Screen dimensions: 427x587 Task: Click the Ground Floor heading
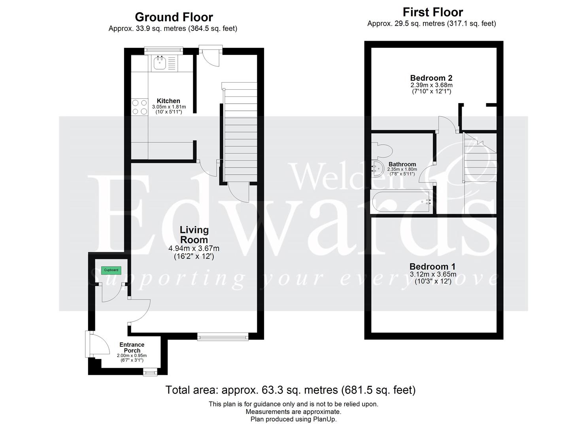click(174, 17)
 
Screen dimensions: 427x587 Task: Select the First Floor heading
click(432, 12)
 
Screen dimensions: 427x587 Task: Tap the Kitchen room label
click(168, 101)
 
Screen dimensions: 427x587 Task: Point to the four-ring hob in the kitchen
click(140, 107)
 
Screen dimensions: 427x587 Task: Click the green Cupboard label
click(111, 270)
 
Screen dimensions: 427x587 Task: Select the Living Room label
click(194, 235)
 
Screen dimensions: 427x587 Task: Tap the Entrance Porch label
click(132, 348)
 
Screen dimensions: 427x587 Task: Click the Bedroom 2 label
click(431, 78)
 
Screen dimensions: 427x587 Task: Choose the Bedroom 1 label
click(432, 266)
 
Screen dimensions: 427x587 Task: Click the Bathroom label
click(402, 164)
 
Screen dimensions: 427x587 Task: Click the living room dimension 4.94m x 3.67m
click(194, 249)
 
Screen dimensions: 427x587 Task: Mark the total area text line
click(290, 390)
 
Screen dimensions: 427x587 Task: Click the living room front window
click(223, 337)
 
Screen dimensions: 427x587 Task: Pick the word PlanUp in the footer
click(325, 419)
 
